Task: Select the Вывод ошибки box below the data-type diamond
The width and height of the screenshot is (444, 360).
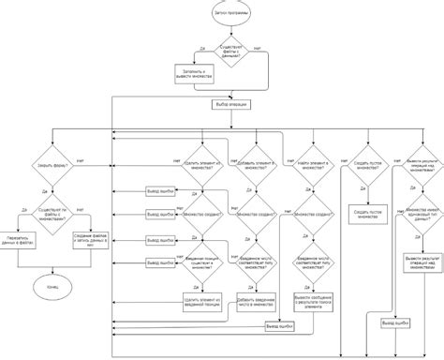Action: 394,323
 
